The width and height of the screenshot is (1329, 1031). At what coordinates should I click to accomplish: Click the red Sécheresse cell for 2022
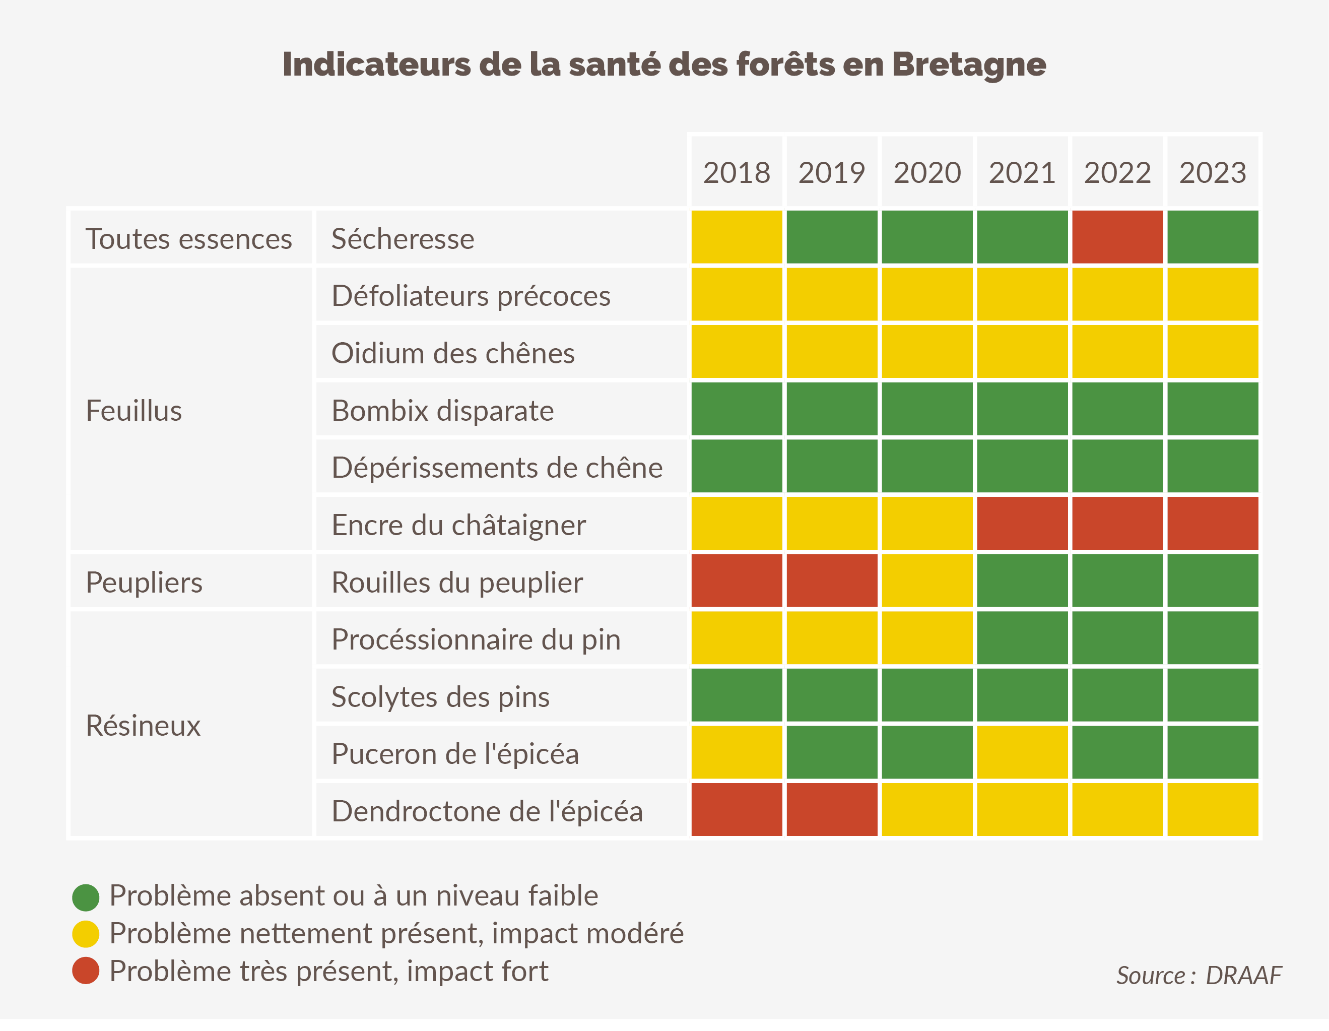[1117, 237]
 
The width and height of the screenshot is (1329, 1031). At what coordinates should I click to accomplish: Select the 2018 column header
[737, 173]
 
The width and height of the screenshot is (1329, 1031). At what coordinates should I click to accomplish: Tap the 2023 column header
[1212, 173]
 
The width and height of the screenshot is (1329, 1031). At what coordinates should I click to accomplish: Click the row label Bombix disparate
[442, 410]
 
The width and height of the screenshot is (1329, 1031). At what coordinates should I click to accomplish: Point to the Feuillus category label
[134, 410]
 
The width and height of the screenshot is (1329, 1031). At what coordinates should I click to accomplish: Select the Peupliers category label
[144, 583]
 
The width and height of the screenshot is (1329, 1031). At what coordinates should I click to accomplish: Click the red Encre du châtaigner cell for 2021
[1022, 524]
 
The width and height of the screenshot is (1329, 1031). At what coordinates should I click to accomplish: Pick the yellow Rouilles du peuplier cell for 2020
[927, 581]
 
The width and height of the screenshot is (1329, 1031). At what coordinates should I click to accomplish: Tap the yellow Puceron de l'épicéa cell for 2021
[1022, 752]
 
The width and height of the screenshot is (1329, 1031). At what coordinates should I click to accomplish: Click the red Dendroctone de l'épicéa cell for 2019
[832, 809]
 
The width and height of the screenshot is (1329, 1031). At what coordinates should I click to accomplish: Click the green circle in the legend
[86, 897]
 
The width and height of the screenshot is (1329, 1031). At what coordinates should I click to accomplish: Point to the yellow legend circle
[86, 934]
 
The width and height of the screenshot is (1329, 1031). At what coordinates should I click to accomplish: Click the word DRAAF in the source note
[1244, 975]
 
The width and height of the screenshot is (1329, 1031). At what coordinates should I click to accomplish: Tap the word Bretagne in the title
[969, 65]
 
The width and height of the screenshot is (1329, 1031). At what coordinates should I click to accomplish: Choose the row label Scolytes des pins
[440, 697]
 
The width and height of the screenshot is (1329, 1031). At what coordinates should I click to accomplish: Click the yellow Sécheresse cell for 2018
[737, 237]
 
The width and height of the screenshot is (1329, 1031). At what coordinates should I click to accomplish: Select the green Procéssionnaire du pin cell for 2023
[1212, 638]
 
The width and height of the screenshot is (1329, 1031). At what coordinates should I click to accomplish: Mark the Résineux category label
[143, 726]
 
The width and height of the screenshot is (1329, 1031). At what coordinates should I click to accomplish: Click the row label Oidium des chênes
[453, 353]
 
